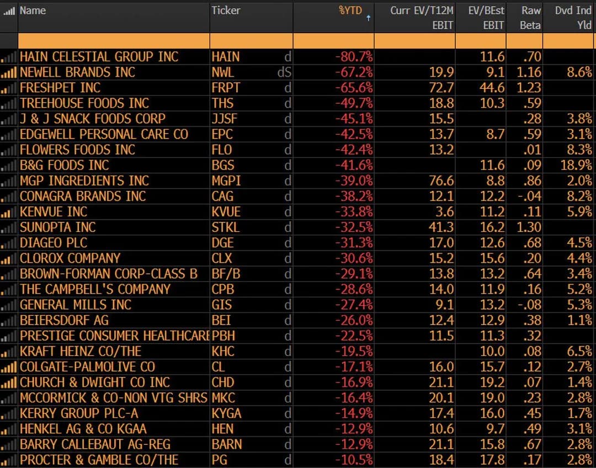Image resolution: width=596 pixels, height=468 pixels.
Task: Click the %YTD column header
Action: [x=350, y=10]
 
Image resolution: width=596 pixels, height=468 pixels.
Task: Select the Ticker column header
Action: [x=226, y=10]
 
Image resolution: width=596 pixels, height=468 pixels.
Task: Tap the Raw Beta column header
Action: [x=531, y=17]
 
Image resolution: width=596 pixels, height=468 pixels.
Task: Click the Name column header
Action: [x=33, y=10]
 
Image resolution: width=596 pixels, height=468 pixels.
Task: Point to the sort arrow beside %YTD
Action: [x=368, y=18]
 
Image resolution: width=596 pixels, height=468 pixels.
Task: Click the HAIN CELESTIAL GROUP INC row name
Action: [x=99, y=57]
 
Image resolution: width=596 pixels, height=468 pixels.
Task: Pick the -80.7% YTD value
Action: [x=354, y=57]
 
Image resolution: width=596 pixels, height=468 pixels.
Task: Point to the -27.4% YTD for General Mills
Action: [x=354, y=304]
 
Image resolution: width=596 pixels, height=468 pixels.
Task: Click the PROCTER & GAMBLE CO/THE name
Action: [x=99, y=460]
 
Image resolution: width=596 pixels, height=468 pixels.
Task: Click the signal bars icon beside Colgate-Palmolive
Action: [x=9, y=366]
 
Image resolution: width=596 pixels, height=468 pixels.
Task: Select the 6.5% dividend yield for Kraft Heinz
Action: [x=579, y=351]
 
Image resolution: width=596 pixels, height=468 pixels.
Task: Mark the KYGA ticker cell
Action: [x=227, y=413]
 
